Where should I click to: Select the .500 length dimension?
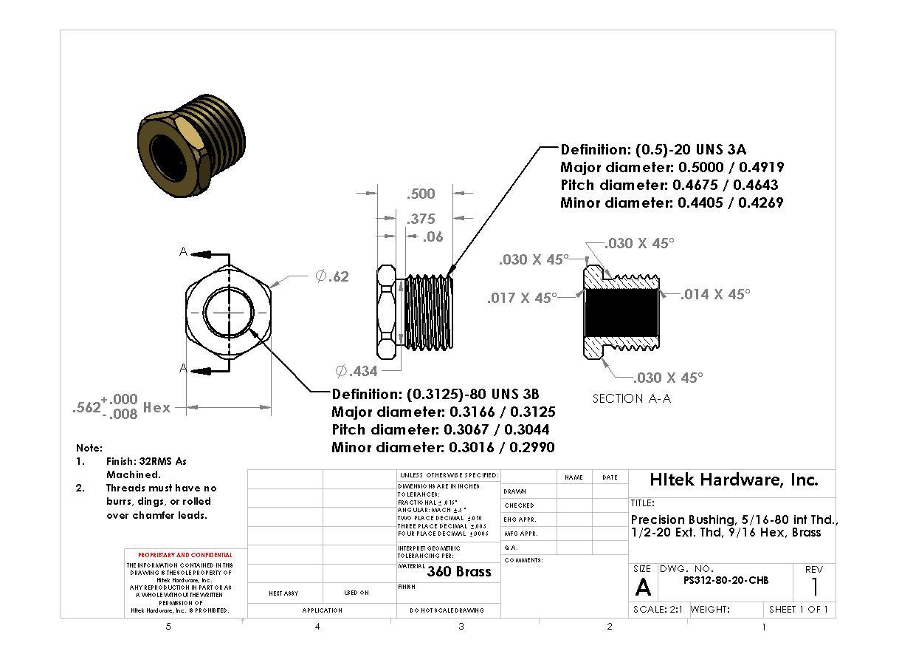421,194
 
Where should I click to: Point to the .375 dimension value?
421,219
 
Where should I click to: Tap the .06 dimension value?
433,236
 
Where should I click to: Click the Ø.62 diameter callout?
331,276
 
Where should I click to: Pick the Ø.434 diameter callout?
356,371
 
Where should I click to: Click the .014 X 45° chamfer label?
714,294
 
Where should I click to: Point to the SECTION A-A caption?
632,398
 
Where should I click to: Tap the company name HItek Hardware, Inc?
734,480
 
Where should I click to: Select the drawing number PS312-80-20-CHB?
726,580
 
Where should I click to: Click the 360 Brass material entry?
458,571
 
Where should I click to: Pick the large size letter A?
643,587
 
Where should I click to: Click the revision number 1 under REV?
814,587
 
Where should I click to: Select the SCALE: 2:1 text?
658,610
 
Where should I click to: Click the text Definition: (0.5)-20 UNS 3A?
653,149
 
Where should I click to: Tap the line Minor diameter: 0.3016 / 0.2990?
443,447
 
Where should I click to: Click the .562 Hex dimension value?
121,407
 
